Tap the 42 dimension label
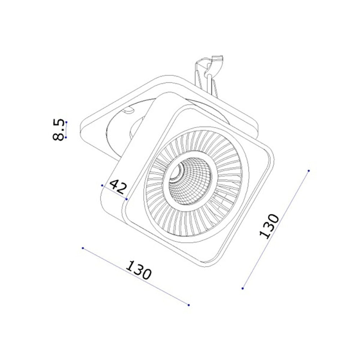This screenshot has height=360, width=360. point(118,187)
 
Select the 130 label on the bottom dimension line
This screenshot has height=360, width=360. point(139,270)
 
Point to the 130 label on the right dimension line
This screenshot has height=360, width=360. point(269,226)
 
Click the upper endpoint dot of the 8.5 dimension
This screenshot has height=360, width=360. point(66,122)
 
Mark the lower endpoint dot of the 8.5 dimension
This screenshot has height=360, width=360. point(66,137)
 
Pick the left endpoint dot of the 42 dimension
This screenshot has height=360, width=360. point(102,185)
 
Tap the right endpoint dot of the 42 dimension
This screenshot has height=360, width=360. point(126,199)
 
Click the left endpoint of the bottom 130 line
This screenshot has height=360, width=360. point(83,248)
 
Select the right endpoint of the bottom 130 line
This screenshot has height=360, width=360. point(189,305)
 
